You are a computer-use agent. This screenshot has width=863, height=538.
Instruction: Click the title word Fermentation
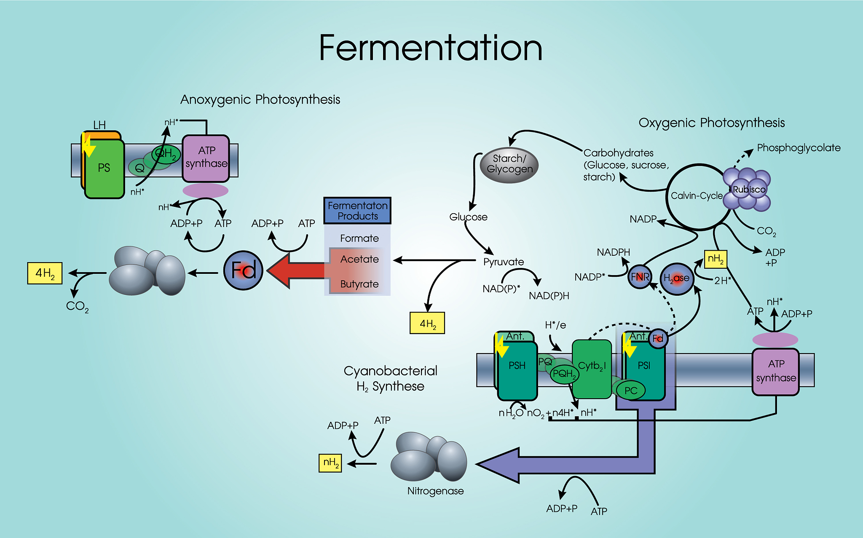pos(431,48)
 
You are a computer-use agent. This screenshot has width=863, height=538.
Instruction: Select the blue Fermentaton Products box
pos(357,211)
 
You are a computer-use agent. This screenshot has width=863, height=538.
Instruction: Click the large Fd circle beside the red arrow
pos(243,270)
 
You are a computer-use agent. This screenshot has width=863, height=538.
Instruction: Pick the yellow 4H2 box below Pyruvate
pos(427,323)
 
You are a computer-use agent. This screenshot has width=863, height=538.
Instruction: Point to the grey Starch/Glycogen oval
pos(509,165)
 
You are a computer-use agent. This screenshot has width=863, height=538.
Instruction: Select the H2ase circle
pos(677,278)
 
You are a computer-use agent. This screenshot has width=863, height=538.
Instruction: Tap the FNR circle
pos(640,277)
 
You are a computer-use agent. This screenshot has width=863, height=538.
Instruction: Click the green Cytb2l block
pos(592,369)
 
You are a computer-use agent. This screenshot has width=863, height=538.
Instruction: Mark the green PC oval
pos(630,390)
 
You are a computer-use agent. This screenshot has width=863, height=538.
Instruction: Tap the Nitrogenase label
pos(435,491)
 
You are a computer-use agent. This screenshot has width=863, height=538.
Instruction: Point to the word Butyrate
pos(359,284)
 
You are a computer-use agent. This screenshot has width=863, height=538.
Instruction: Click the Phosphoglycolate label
pos(799,148)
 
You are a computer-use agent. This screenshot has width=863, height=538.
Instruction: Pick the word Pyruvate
pos(504,262)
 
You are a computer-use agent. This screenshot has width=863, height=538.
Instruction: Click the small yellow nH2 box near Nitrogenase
pos(330,463)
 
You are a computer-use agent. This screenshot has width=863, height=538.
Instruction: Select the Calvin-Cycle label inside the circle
pos(697,196)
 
